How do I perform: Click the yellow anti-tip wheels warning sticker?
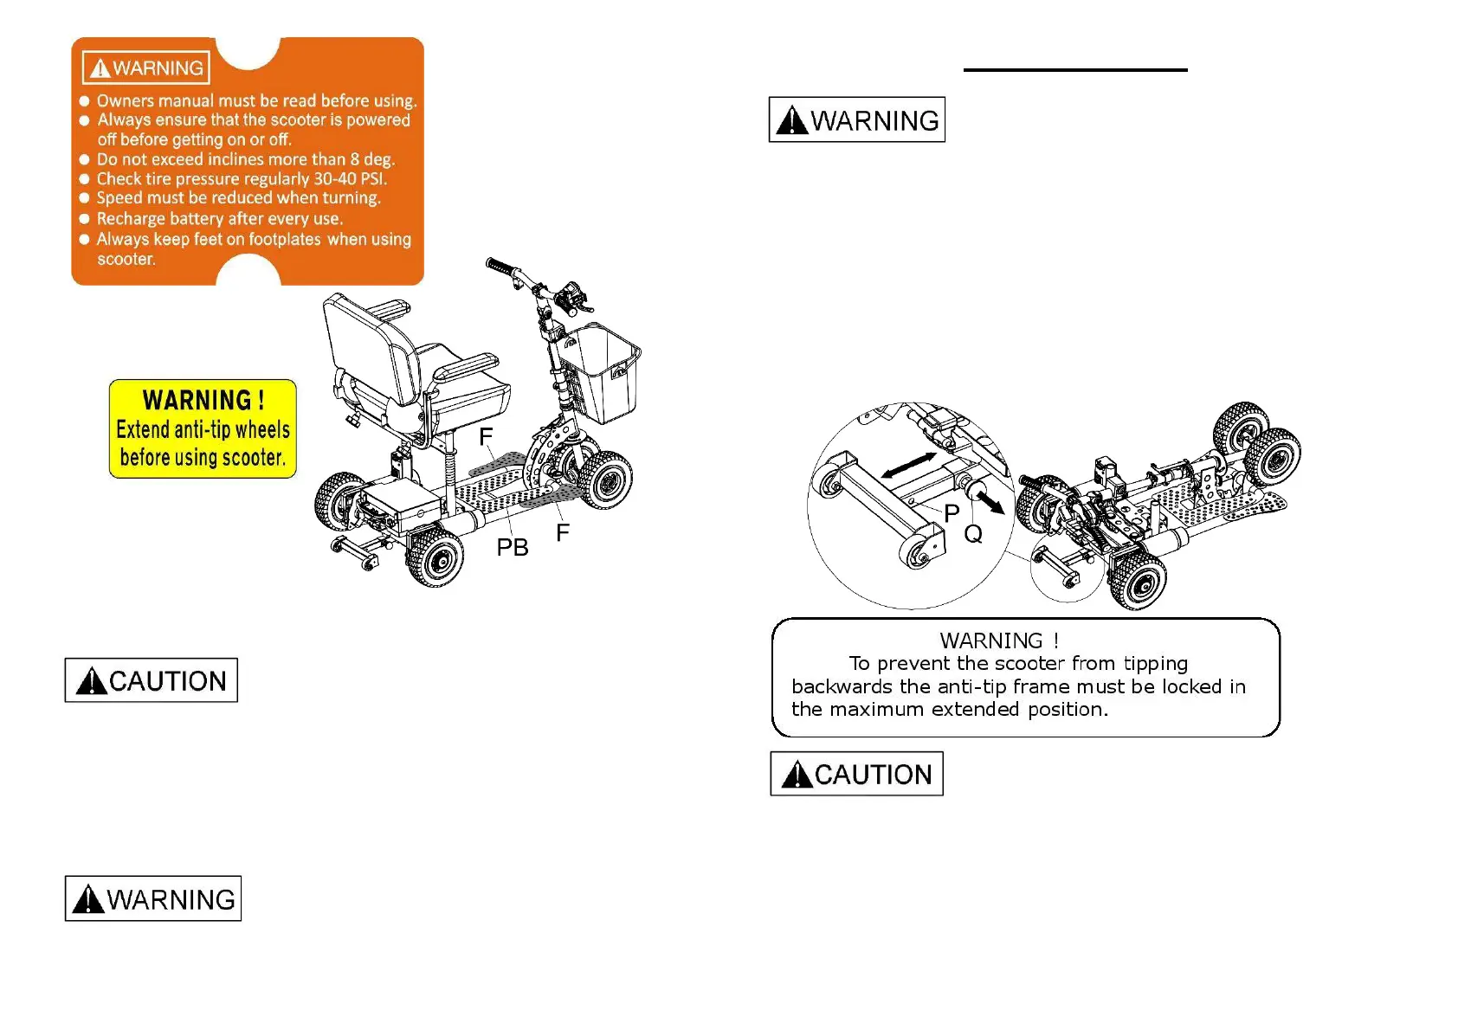[x=203, y=428]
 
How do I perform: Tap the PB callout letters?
[x=512, y=548]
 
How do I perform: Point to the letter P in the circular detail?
[x=952, y=513]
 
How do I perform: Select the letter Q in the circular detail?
[x=973, y=534]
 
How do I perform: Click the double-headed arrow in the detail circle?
[x=908, y=466]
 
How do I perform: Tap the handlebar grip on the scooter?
[x=500, y=267]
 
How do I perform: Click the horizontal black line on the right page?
[x=1074, y=70]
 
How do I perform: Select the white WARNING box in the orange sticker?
[x=146, y=68]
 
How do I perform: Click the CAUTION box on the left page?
[x=152, y=681]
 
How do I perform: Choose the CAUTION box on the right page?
[x=856, y=774]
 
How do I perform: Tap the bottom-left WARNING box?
[x=153, y=899]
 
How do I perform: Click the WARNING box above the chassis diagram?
[x=856, y=120]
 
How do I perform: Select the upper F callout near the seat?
[x=486, y=437]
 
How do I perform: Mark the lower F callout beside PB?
[x=563, y=533]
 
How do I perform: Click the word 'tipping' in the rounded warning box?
[x=1155, y=664]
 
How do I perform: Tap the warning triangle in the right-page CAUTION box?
[x=796, y=775]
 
